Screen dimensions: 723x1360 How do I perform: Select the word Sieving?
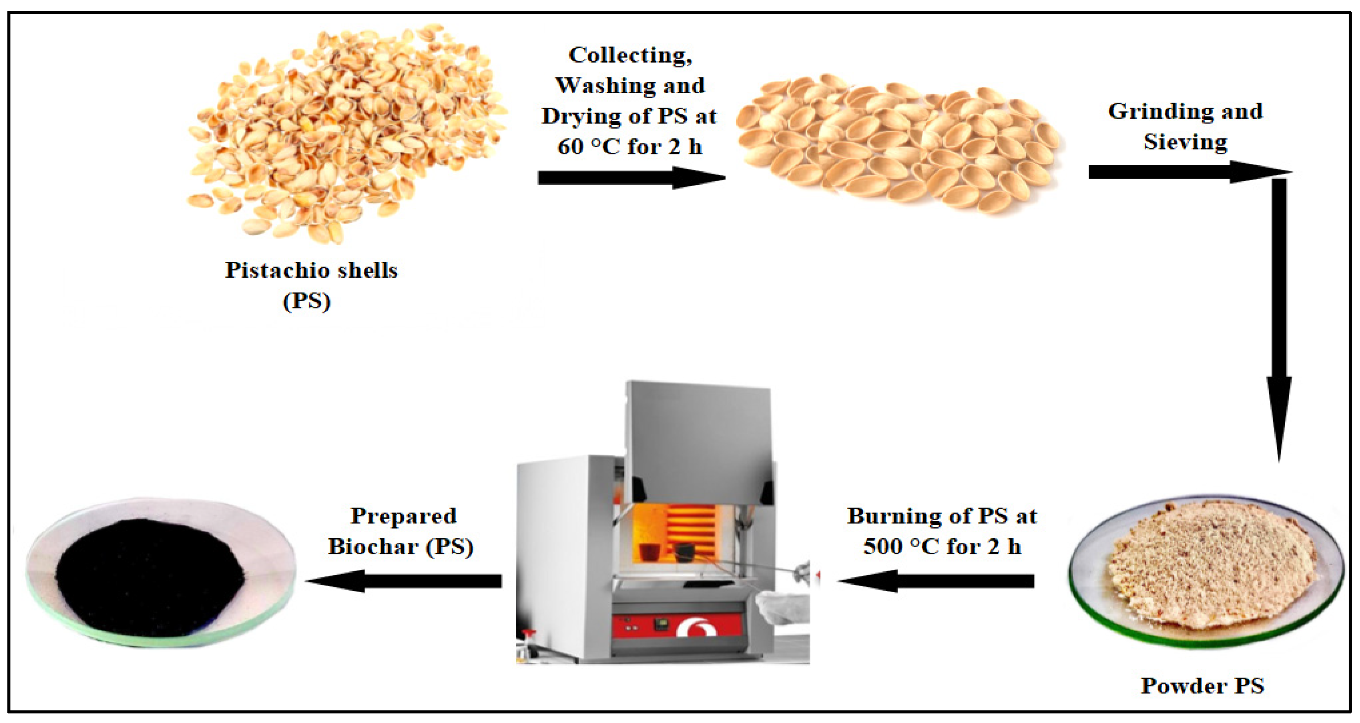[x=1185, y=142]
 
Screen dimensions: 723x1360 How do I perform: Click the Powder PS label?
[x=1202, y=686]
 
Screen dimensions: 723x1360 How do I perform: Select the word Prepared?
[x=403, y=516]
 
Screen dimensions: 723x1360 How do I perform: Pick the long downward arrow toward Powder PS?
[x=1279, y=317]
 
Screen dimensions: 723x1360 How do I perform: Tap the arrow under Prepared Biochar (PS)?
[x=404, y=581]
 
